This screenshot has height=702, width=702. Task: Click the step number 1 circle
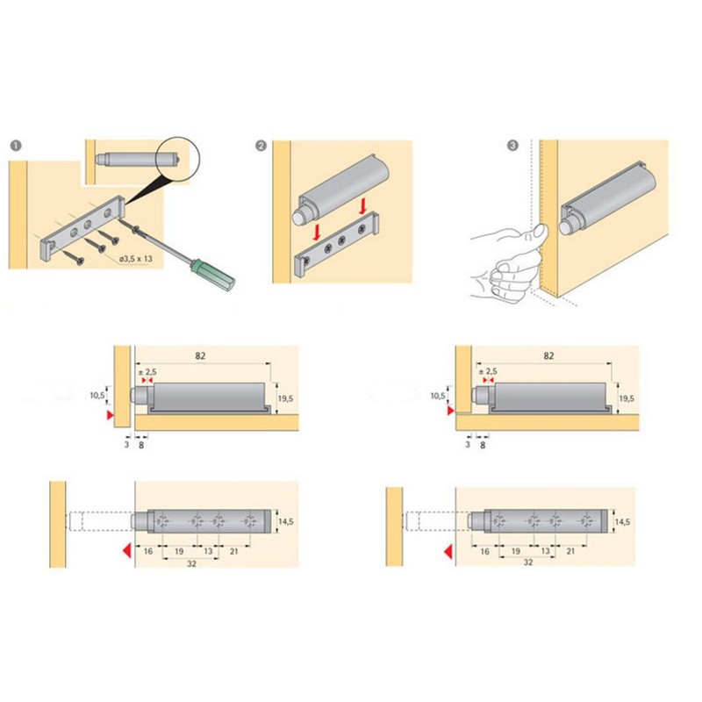[14, 146]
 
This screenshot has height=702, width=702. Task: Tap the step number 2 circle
[261, 146]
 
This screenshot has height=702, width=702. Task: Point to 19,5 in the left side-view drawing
[283, 398]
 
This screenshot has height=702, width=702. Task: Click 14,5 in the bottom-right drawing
[622, 521]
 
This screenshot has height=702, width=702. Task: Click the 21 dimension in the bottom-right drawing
[571, 550]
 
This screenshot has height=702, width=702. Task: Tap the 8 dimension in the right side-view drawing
[482, 445]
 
